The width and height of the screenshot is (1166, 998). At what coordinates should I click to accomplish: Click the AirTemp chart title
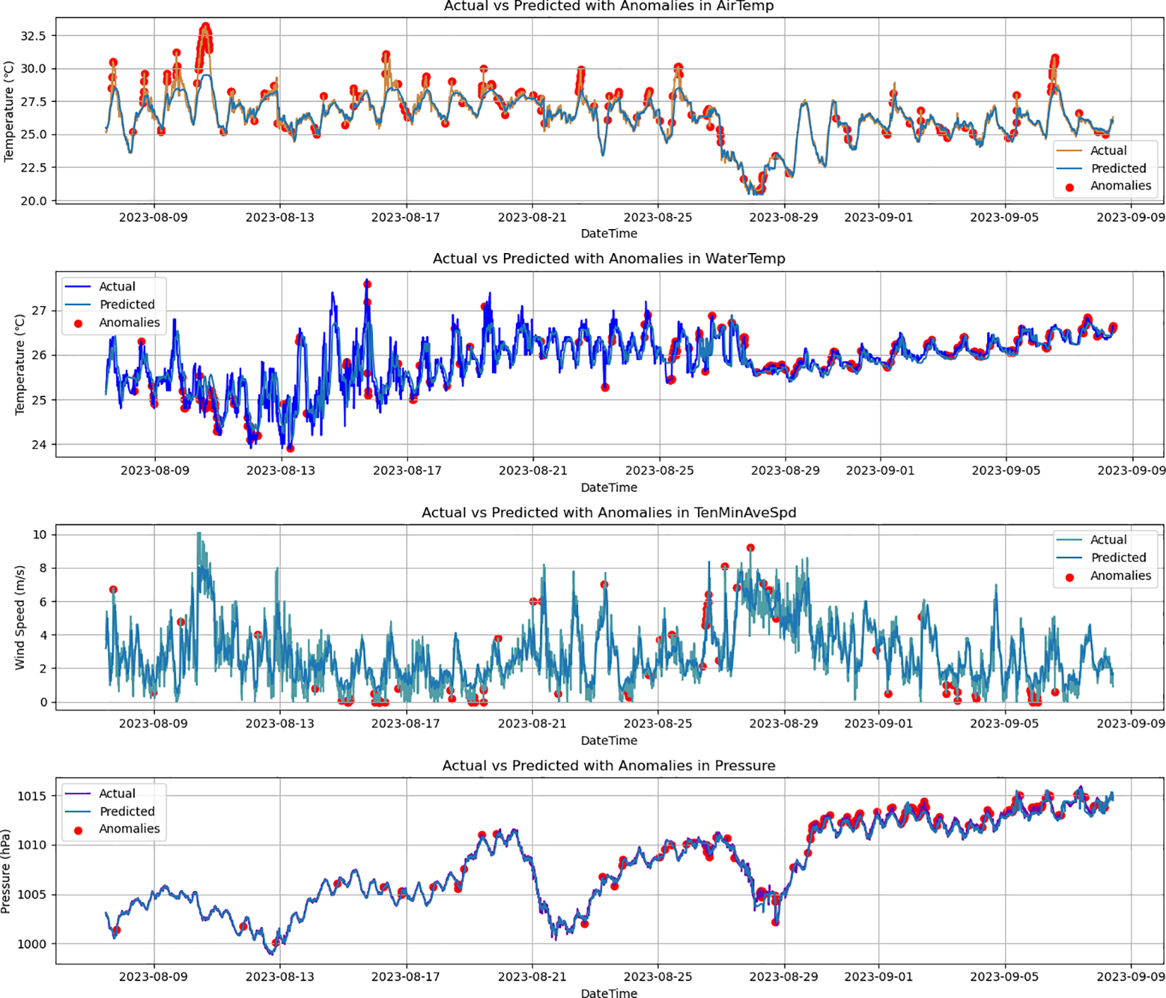(608, 6)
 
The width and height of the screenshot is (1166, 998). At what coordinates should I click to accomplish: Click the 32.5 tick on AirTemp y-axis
(33, 36)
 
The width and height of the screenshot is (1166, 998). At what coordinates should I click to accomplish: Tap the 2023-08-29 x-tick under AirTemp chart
(783, 217)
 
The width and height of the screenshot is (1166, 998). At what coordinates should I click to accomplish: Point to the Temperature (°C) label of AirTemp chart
(8, 111)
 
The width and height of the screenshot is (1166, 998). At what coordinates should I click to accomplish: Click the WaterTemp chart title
(608, 259)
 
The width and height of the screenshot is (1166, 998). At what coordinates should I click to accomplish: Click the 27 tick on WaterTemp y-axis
(39, 310)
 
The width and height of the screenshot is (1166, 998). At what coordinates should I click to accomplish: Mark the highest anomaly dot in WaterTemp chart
(367, 284)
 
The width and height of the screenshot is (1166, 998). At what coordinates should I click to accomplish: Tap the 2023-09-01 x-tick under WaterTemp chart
(880, 470)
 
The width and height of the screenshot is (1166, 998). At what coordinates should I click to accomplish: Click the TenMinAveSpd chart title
(608, 512)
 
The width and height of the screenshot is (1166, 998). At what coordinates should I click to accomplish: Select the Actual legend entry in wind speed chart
(1107, 540)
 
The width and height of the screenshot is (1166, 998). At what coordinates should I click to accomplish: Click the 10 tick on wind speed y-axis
(39, 534)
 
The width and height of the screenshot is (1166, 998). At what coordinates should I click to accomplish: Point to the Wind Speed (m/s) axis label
(20, 617)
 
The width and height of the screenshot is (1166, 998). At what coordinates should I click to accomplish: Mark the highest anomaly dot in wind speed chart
(751, 548)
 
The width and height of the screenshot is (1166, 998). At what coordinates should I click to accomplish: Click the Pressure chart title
(608, 765)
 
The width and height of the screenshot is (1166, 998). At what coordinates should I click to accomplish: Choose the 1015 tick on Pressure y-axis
(32, 796)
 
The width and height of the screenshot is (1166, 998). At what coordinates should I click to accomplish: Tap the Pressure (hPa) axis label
(6, 871)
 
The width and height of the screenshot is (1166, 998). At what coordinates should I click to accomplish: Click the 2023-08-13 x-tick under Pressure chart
(280, 976)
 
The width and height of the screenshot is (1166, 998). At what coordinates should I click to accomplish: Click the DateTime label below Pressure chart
(608, 992)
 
